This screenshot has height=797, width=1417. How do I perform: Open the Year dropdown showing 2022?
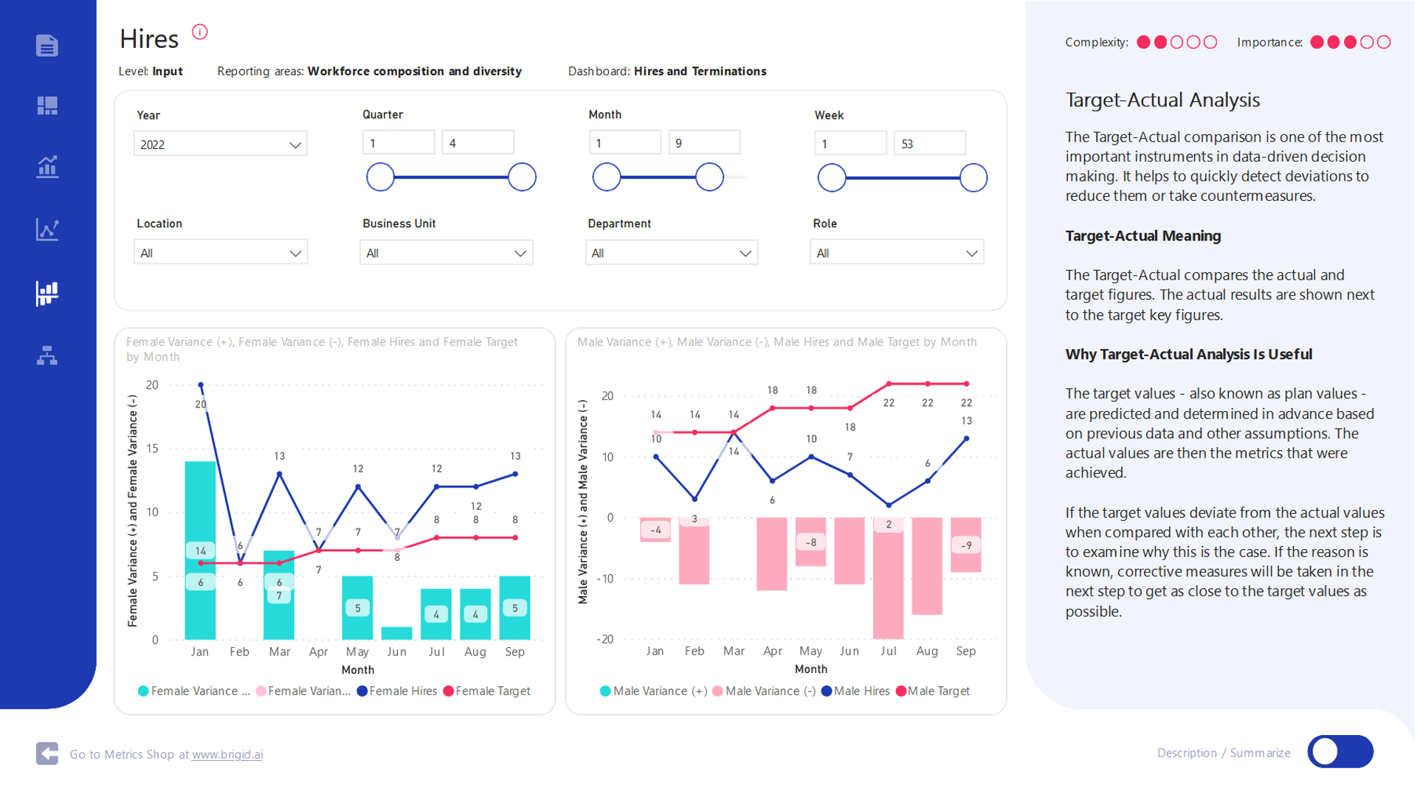click(x=220, y=144)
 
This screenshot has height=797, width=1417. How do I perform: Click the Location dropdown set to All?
click(x=220, y=253)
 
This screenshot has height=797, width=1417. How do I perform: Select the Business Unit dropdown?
click(x=446, y=253)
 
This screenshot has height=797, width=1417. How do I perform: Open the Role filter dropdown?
click(x=897, y=253)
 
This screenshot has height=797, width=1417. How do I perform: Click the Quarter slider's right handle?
click(x=522, y=177)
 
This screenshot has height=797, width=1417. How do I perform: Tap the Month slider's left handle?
click(x=607, y=177)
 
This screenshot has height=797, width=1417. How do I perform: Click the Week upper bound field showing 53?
click(x=929, y=144)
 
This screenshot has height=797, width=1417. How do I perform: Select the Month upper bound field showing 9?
click(x=703, y=143)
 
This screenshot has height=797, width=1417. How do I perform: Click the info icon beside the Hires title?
click(x=200, y=32)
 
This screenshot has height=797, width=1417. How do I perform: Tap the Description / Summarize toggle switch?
click(x=1340, y=752)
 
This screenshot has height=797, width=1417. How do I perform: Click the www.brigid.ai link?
click(x=227, y=754)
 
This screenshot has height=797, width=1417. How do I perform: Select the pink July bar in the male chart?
click(x=888, y=583)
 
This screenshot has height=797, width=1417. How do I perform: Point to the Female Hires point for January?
click(x=201, y=385)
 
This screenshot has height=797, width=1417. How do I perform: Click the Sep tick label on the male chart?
click(x=965, y=651)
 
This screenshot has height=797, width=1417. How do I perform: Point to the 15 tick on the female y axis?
click(x=152, y=449)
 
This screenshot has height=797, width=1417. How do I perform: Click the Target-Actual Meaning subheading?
click(x=1142, y=236)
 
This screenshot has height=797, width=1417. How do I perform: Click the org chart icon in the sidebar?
click(x=47, y=356)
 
